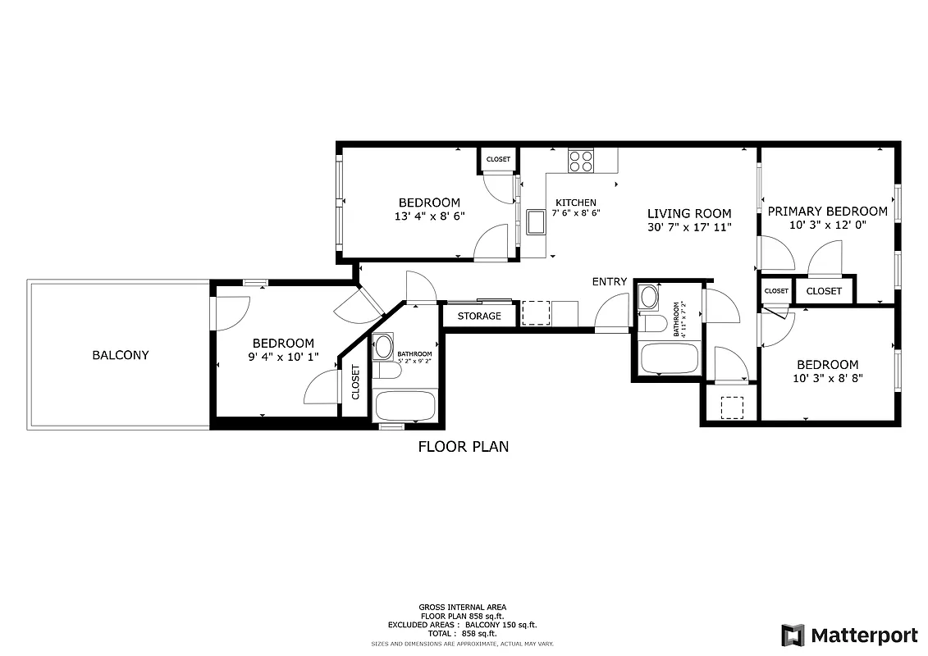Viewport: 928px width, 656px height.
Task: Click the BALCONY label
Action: click(121, 355)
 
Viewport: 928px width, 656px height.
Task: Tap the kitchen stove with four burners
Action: click(581, 160)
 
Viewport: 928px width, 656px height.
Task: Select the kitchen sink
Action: click(537, 221)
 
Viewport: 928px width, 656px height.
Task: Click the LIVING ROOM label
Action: click(688, 213)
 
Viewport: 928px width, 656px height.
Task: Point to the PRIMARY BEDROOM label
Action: click(827, 211)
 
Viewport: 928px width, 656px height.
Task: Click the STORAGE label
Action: click(479, 316)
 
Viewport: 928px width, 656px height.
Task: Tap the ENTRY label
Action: click(610, 281)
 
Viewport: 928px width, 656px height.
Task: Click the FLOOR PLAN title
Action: click(464, 447)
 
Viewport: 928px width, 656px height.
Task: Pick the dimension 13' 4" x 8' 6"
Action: click(429, 216)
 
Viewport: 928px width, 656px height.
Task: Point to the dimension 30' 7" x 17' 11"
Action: click(688, 227)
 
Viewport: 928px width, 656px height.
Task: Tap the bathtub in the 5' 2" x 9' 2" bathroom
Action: click(405, 405)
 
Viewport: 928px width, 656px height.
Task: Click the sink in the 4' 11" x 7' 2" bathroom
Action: click(648, 296)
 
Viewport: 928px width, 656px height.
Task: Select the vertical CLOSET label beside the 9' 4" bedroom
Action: click(355, 381)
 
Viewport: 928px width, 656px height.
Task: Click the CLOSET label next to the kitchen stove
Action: click(498, 159)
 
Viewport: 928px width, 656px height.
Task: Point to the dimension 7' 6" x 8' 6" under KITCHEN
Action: click(576, 212)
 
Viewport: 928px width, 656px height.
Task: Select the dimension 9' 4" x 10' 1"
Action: click(283, 358)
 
